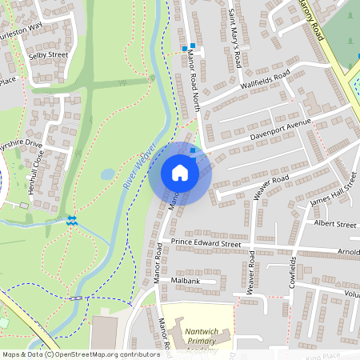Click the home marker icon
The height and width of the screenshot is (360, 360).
[x=180, y=173]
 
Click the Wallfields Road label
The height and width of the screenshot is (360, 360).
[x=264, y=82]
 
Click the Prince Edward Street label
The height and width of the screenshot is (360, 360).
[x=206, y=242]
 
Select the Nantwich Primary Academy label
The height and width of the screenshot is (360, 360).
[x=196, y=339]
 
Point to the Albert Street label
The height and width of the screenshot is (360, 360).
[x=335, y=225]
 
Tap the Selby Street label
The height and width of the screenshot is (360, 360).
[x=49, y=54]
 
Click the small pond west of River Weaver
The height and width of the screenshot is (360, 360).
[x=108, y=174]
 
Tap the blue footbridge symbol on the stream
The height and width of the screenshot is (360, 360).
[x=72, y=219]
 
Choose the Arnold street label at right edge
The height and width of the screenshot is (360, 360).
[x=349, y=253]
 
